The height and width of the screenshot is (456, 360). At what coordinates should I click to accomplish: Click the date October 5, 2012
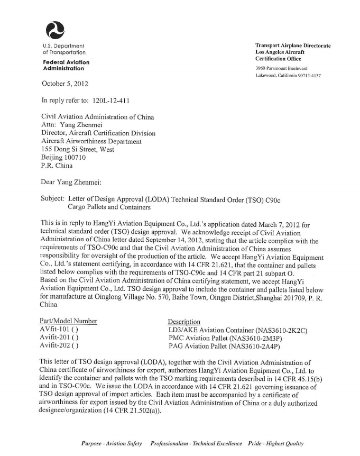(65, 84)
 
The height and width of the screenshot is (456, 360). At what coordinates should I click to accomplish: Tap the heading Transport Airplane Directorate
(293, 46)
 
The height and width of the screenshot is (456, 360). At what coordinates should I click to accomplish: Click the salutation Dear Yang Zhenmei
(70, 181)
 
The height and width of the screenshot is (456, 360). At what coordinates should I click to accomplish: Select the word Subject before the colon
(51, 198)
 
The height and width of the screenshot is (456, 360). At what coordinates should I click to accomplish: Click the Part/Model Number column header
(69, 321)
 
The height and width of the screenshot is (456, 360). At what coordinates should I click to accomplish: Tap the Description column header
(184, 322)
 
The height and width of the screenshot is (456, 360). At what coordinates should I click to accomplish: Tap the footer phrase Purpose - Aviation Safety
(112, 443)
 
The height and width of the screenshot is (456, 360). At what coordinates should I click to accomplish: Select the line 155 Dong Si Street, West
(78, 149)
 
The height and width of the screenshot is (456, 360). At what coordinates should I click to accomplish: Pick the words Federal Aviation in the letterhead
(66, 62)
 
